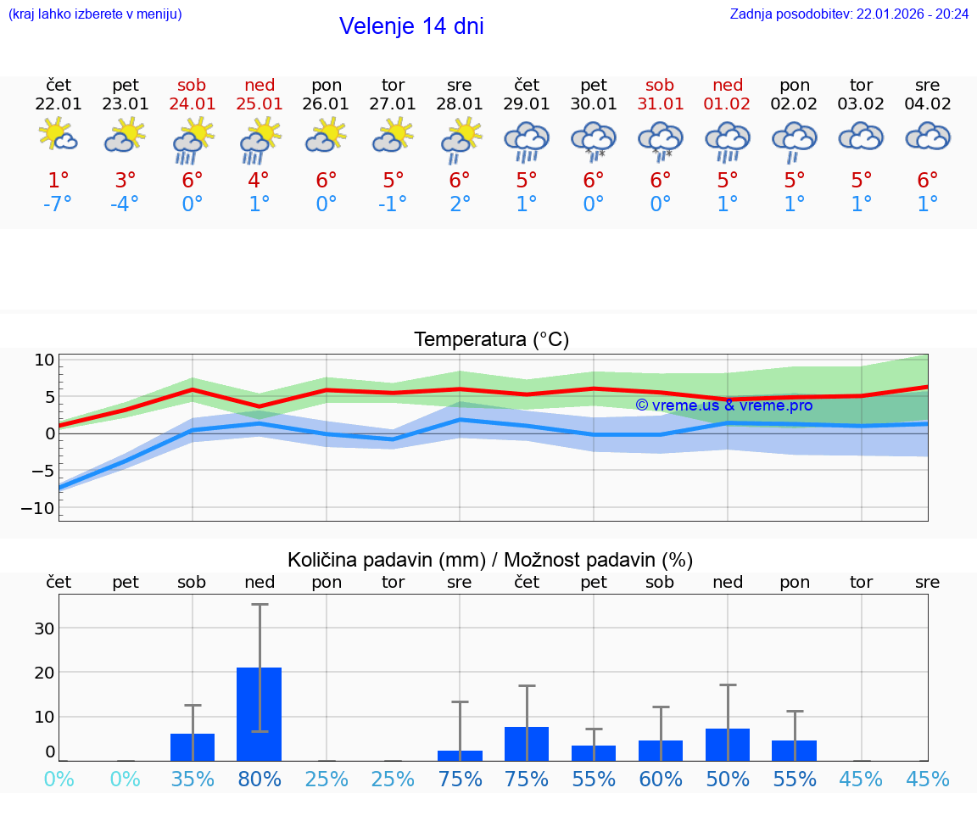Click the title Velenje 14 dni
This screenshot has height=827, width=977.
click(411, 26)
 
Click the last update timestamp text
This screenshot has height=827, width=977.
click(849, 14)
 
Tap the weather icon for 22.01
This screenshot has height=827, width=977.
click(59, 136)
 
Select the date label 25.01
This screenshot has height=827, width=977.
click(260, 104)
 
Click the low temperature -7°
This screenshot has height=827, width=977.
click(59, 204)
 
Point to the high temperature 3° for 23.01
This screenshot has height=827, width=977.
click(126, 181)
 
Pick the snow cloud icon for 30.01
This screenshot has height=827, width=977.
click(594, 139)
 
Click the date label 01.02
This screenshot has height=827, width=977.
click(728, 104)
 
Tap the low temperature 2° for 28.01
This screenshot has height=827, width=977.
click(460, 204)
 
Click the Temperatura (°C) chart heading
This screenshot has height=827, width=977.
click(491, 340)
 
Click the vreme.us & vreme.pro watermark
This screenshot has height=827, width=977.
click(723, 405)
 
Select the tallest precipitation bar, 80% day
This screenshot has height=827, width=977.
click(260, 714)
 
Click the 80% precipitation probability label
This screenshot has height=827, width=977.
click(260, 780)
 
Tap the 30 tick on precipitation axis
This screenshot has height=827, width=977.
click(44, 629)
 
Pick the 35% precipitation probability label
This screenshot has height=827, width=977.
click(193, 780)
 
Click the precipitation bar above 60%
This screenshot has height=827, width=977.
click(661, 751)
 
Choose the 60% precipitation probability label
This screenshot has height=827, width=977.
click(661, 780)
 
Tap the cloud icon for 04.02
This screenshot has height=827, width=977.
click(928, 137)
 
